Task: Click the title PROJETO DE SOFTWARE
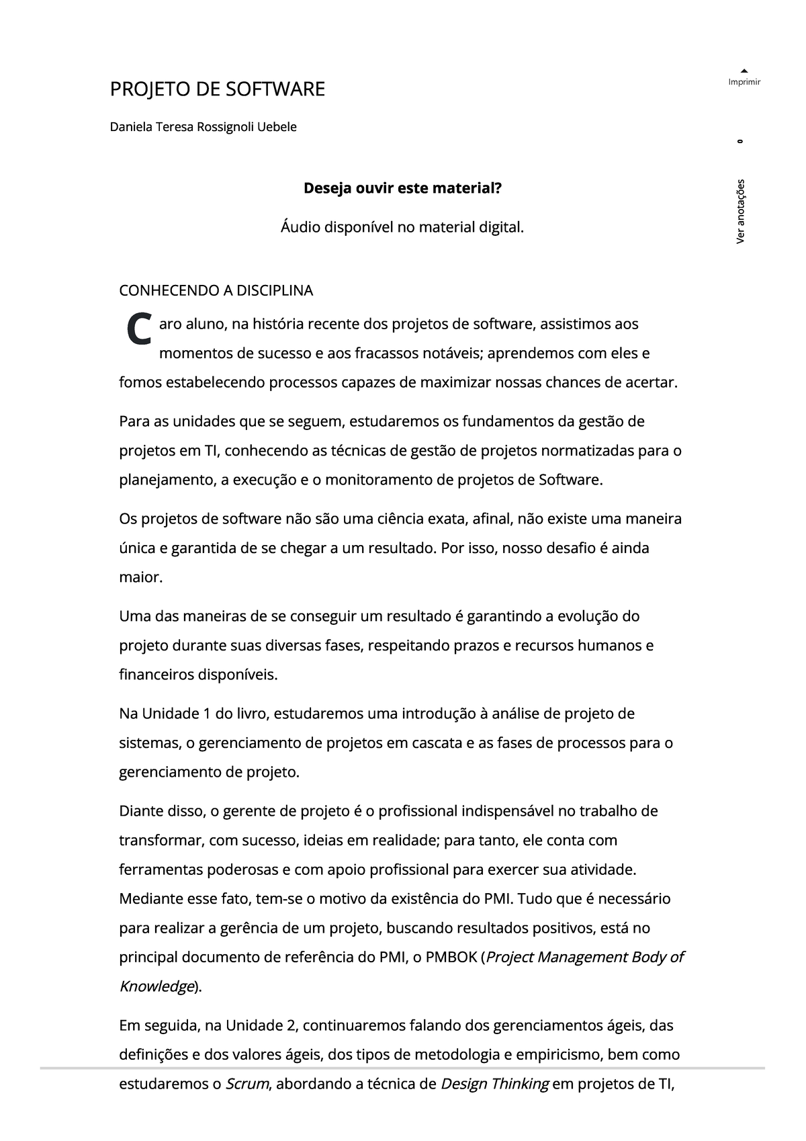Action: [217, 89]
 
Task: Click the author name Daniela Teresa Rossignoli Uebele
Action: [203, 127]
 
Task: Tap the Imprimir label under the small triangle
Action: [744, 82]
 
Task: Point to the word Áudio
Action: [300, 228]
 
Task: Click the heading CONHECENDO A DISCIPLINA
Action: [216, 291]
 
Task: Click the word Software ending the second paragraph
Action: [570, 480]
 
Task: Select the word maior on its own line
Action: [140, 577]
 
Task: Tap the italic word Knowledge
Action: [156, 986]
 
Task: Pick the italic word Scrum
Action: [247, 1084]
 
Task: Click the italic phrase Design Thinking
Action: [494, 1084]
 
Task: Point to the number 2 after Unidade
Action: [290, 1025]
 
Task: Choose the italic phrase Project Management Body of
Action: [584, 957]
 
